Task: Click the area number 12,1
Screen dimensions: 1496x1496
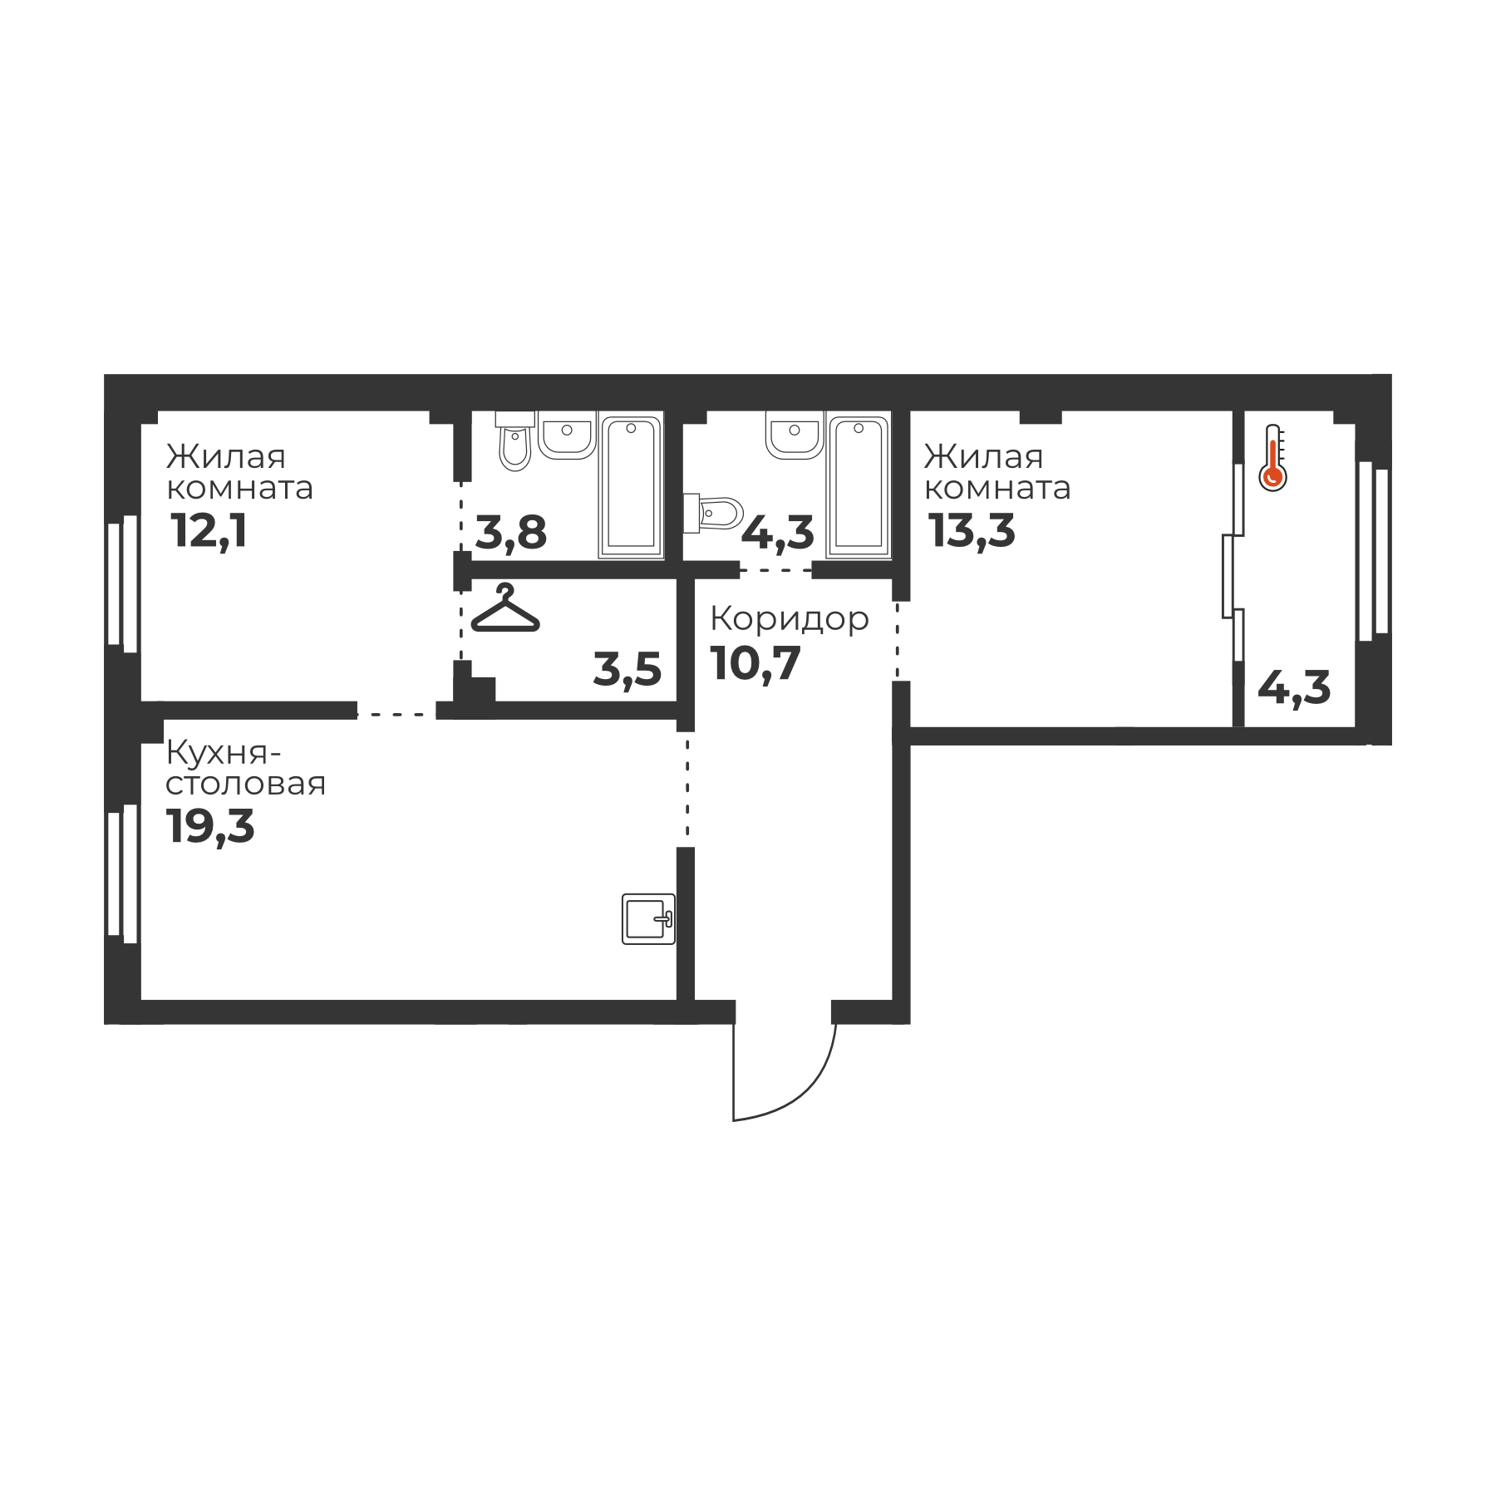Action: coord(209,531)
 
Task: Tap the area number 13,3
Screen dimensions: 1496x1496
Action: coord(972,531)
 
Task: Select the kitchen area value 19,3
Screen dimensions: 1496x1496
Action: coord(210,826)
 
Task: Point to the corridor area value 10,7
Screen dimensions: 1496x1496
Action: coord(755,663)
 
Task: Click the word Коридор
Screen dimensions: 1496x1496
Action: coord(790,619)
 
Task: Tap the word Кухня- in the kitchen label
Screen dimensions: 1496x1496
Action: coord(224,753)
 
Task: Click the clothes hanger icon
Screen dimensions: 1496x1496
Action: coord(505,609)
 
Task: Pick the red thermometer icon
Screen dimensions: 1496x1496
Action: coord(1272,458)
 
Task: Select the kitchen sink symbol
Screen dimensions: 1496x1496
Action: coord(648,918)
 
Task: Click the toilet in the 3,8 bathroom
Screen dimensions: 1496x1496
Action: coord(515,441)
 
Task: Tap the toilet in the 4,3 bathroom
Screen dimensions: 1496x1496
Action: coord(713,514)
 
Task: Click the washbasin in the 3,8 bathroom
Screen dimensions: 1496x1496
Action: coord(568,434)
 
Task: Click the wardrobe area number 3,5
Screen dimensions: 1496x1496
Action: coord(627,670)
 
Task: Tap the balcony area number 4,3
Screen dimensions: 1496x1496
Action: coord(1294,689)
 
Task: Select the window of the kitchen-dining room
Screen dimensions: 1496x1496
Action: coord(122,873)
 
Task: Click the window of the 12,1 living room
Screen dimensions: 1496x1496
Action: coord(122,583)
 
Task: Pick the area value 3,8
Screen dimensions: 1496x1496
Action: coord(511,533)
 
